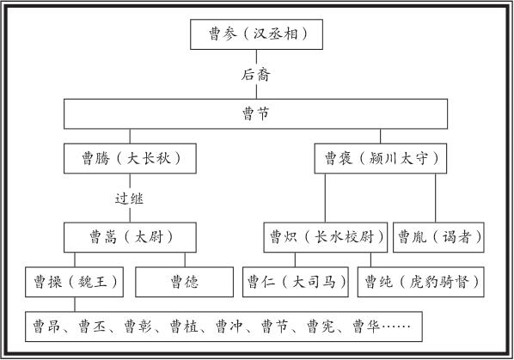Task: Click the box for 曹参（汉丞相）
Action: pyautogui.click(x=256, y=34)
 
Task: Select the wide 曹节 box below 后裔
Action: pyautogui.click(x=255, y=113)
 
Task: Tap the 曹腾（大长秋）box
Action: pyautogui.click(x=130, y=159)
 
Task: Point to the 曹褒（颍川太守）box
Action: pyautogui.click(x=381, y=159)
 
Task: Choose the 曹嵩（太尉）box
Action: pyautogui.click(x=130, y=237)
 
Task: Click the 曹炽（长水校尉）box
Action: pyautogui.click(x=326, y=237)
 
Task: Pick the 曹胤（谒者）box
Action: pyautogui.click(x=438, y=237)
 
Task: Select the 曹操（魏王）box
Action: pyautogui.click(x=75, y=282)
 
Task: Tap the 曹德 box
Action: pyautogui.click(x=185, y=282)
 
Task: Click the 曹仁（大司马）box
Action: pyautogui.click(x=296, y=282)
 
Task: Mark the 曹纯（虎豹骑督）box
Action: pyautogui.click(x=421, y=282)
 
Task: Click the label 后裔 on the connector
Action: pyautogui.click(x=256, y=75)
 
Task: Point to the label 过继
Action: pyautogui.click(x=130, y=198)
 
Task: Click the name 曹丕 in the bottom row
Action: pyautogui.click(x=92, y=326)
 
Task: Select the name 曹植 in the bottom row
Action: pyautogui.click(x=184, y=326)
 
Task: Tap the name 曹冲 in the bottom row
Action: pyautogui.click(x=229, y=326)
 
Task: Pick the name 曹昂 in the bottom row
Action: pyautogui.click(x=46, y=326)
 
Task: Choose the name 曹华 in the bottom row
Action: pyautogui.click(x=366, y=326)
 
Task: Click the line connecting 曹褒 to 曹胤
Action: pyautogui.click(x=435, y=198)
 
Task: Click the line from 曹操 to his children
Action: pyautogui.click(x=75, y=304)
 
